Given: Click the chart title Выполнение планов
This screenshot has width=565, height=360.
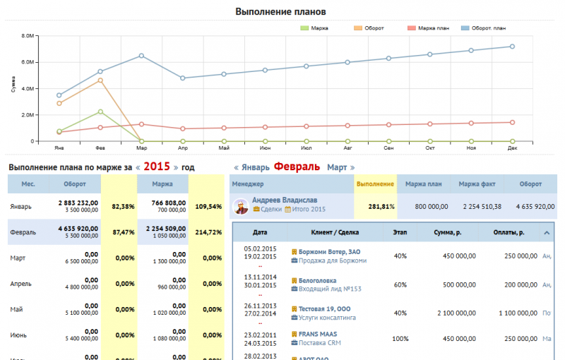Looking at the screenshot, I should [x=280, y=12].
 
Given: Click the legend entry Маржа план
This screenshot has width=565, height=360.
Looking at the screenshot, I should [x=433, y=28].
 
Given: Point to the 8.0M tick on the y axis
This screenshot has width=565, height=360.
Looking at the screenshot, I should [x=28, y=35].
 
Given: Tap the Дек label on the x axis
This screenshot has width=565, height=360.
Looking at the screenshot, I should [x=512, y=148].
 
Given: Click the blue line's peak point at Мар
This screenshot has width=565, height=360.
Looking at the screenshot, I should [x=142, y=56].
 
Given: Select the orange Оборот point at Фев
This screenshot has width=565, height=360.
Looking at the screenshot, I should [x=100, y=80].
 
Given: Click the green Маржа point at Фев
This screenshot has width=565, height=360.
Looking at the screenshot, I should [x=100, y=112].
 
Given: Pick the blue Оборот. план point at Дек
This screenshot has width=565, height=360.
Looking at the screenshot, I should [x=512, y=47].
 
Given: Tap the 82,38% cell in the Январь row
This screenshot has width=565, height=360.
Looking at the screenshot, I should [x=124, y=208].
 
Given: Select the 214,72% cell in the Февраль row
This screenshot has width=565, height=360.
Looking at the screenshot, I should [x=208, y=232].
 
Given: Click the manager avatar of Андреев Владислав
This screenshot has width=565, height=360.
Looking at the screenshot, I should [x=240, y=205].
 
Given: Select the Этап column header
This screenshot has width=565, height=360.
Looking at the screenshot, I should [x=400, y=232].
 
